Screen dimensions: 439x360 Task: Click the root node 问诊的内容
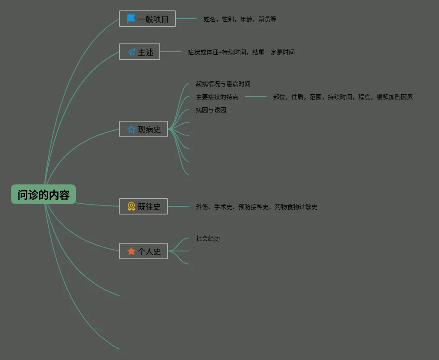coord(43,195)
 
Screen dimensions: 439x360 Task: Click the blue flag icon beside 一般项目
coord(131,19)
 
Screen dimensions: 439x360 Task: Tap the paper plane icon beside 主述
coord(131,52)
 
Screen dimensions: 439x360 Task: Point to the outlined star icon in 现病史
coord(131,129)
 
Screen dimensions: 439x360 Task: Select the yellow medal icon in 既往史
coord(131,207)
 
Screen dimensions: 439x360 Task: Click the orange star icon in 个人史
coord(131,251)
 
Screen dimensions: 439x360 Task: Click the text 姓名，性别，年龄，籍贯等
coord(240,19)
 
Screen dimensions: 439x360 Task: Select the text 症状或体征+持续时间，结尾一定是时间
coord(241,52)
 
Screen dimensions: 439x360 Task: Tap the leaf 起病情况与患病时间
coord(223,84)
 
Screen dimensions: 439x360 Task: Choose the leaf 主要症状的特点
coord(217,97)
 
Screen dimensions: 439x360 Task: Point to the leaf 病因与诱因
coord(211,110)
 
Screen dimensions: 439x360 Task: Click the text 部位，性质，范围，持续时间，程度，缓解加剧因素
coord(343,97)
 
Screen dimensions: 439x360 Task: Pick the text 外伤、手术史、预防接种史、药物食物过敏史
coord(257,207)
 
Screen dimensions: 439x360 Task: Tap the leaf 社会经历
coord(208,238)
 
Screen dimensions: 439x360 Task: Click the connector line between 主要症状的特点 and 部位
coord(256,97)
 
